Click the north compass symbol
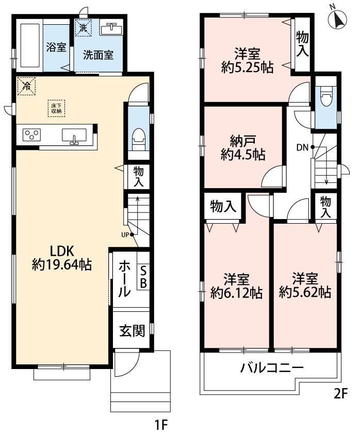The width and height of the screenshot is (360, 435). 338,19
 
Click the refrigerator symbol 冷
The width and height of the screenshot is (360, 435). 26,86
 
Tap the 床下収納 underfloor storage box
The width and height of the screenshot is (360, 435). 56,107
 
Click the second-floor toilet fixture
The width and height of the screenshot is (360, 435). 325,97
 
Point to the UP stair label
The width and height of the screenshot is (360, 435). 124,235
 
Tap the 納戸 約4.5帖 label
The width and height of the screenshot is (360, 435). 240,147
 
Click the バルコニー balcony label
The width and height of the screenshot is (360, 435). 271,369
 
